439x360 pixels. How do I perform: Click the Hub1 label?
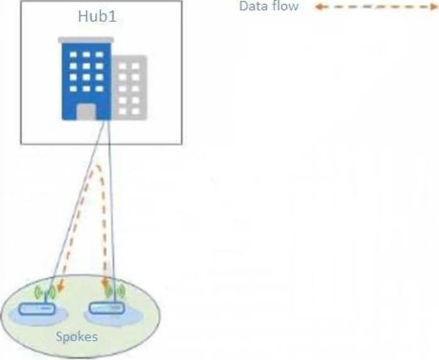[x=97, y=16]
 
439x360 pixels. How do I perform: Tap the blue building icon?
[x=86, y=79]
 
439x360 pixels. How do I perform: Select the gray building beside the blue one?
[x=130, y=87]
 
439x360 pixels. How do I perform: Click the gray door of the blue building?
[x=86, y=111]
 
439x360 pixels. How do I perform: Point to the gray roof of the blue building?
[x=86, y=40]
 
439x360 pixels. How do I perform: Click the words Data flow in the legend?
[x=269, y=6]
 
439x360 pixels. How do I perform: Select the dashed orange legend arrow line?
[x=376, y=7]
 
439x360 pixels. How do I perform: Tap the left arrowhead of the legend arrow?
[x=318, y=7]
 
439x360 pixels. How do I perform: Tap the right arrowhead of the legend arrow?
[x=434, y=7]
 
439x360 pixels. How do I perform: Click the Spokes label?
[x=77, y=336]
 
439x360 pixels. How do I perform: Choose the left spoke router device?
[x=36, y=309]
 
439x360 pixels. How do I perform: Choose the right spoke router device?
[x=107, y=308]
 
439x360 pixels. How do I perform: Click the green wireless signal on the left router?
[x=45, y=292]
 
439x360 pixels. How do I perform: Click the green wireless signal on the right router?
[x=114, y=291]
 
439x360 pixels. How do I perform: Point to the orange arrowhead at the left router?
[x=60, y=287]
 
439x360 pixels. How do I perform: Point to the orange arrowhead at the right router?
[x=106, y=283]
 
